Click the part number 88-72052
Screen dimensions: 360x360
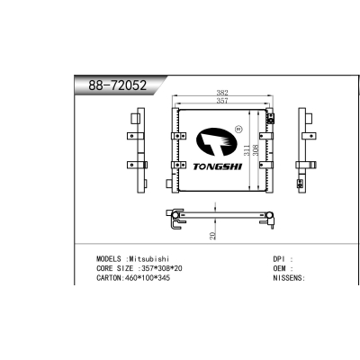click(x=116, y=86)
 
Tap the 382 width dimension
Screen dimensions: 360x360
click(x=220, y=94)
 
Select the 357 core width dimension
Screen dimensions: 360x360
click(x=220, y=102)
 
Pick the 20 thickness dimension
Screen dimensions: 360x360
click(x=212, y=235)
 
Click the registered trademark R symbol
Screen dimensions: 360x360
click(x=238, y=130)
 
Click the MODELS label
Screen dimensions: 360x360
click(x=111, y=258)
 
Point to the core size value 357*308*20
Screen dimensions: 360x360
click(x=161, y=268)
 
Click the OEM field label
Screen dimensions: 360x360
click(x=280, y=268)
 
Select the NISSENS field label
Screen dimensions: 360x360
click(x=288, y=278)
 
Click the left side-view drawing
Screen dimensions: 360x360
click(x=138, y=149)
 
